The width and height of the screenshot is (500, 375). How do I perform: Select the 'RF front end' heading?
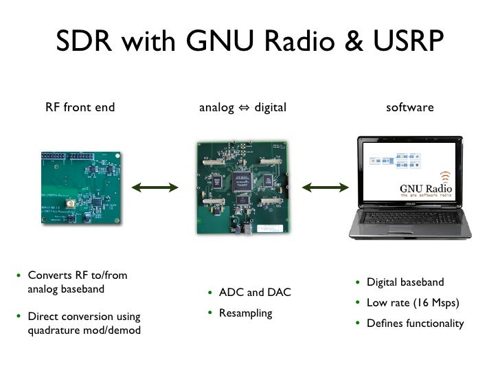pos(80,107)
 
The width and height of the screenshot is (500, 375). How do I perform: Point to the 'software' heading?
pos(410,107)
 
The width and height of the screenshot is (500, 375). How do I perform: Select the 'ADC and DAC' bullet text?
pos(255,293)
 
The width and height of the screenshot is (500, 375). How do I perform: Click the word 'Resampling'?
pos(245,313)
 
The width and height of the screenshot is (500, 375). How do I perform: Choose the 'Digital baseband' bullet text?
pos(405,282)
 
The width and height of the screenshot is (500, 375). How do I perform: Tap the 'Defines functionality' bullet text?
pos(415,323)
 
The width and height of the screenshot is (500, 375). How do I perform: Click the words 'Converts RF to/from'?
pos(78,275)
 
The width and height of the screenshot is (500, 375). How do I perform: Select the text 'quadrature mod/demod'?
pos(83,330)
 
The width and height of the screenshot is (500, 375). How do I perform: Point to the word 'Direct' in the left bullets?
pos(43,317)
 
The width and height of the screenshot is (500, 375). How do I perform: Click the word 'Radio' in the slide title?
pos(287,43)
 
